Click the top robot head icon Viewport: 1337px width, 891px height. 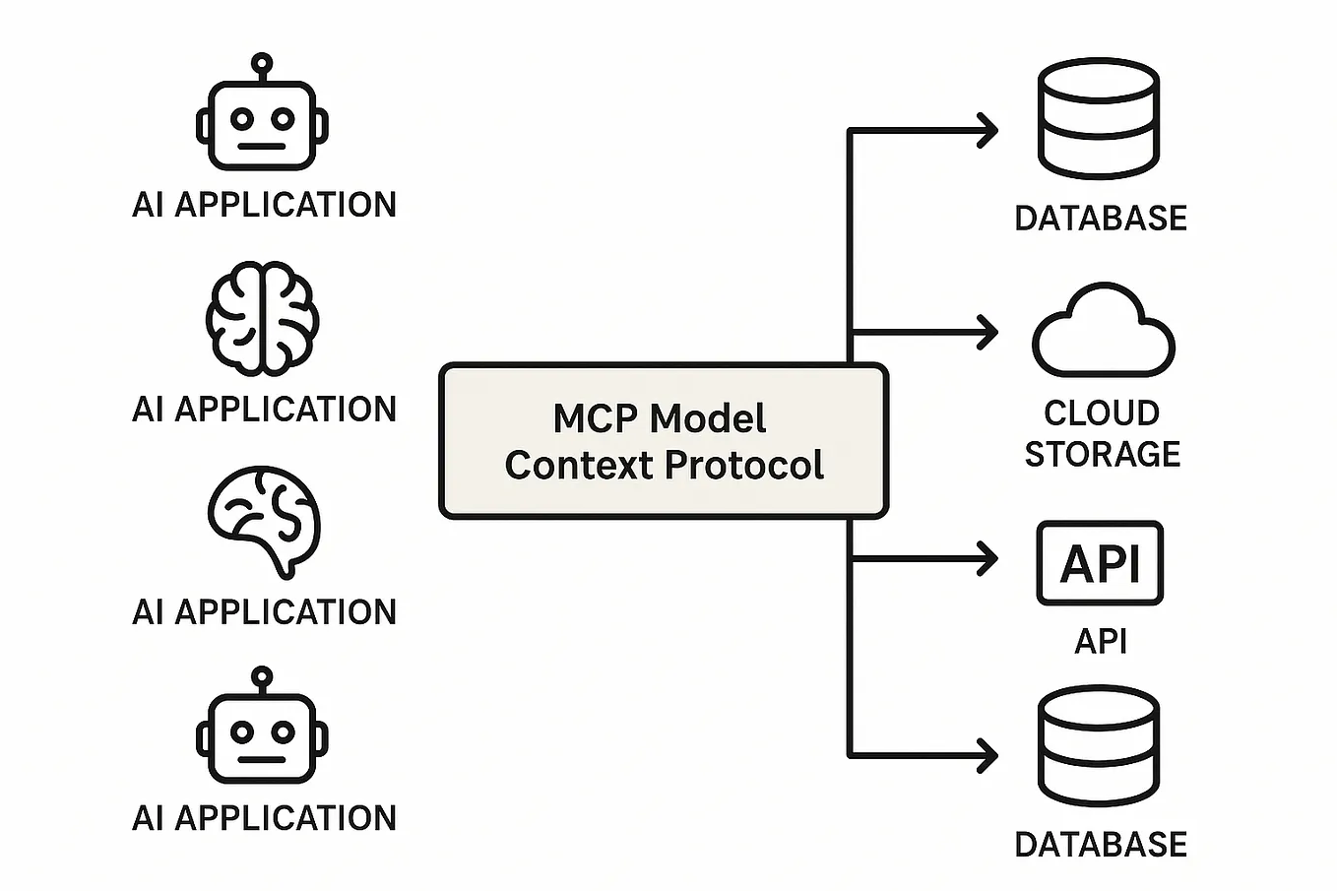[x=262, y=123]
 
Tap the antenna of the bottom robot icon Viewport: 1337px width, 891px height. [x=261, y=677]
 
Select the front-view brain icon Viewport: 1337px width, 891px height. [x=262, y=318]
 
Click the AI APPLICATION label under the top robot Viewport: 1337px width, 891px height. [x=264, y=205]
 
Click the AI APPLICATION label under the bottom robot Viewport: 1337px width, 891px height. [x=264, y=818]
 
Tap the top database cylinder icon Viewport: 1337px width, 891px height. [x=1099, y=118]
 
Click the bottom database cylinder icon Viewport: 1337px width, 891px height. [x=1099, y=745]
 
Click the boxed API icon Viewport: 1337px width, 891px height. [x=1100, y=563]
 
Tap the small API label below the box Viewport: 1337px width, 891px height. [x=1100, y=641]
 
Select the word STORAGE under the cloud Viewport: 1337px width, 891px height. [x=1102, y=454]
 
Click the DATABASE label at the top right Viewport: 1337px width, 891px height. [x=1100, y=219]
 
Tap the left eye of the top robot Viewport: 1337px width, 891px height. [x=242, y=120]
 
